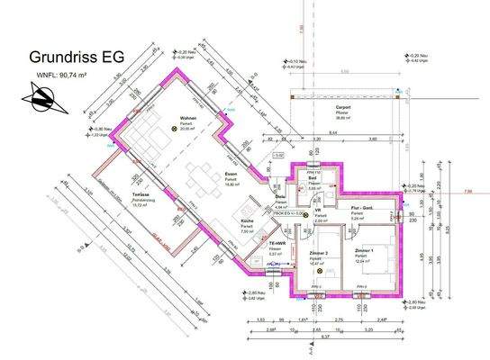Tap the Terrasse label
(x=140, y=194)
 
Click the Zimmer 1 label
(x=363, y=249)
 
